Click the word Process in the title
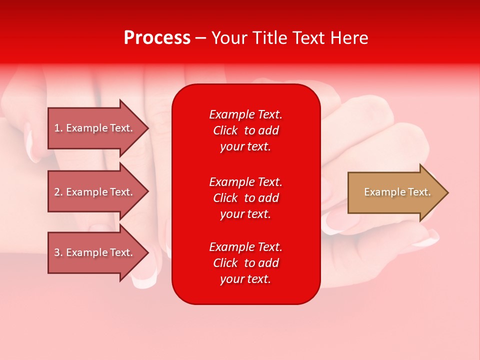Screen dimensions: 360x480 [x=157, y=38]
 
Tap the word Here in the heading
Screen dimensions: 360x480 [x=348, y=38]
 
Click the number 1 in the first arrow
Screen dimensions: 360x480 [x=57, y=128]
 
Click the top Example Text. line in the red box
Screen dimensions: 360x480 [x=245, y=114]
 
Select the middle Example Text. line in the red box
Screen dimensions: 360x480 [x=245, y=182]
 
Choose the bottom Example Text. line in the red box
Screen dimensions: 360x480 [x=245, y=247]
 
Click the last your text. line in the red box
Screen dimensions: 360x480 [x=245, y=279]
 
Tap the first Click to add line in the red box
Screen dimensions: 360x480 [x=245, y=130]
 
